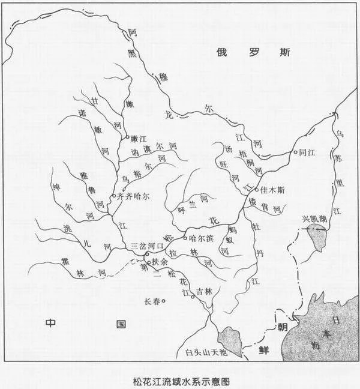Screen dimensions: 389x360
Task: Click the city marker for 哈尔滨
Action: (x=184, y=238)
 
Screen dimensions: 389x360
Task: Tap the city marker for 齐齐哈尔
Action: (x=114, y=196)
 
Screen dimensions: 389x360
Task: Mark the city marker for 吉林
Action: (x=193, y=296)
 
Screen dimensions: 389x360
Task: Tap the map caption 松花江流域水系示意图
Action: (x=180, y=379)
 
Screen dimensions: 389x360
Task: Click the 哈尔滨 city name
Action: (x=201, y=238)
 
